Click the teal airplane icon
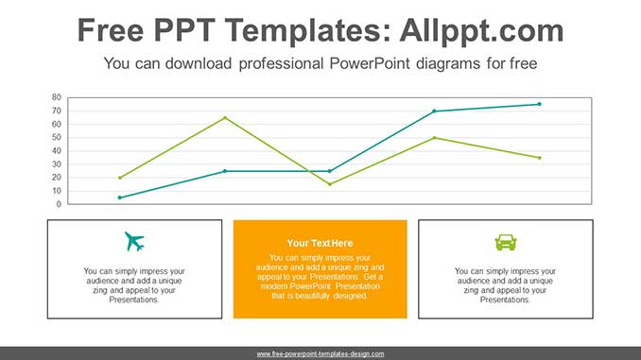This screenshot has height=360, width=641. (x=134, y=242)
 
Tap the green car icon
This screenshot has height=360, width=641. (x=506, y=242)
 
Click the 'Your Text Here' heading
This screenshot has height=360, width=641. (x=320, y=243)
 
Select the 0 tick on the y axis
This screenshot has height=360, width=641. (x=58, y=204)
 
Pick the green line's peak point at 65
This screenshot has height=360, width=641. (x=225, y=117)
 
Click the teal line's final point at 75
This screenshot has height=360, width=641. (x=539, y=104)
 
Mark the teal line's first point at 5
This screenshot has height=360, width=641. (x=120, y=197)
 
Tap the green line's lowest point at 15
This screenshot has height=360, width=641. (x=330, y=184)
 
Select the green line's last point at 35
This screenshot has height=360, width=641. (x=539, y=158)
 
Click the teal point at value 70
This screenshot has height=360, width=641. (x=435, y=111)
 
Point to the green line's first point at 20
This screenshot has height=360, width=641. (x=120, y=178)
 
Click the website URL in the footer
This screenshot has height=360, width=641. (x=320, y=353)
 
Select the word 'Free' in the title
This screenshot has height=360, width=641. (x=113, y=30)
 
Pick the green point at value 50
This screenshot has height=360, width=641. (x=435, y=138)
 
